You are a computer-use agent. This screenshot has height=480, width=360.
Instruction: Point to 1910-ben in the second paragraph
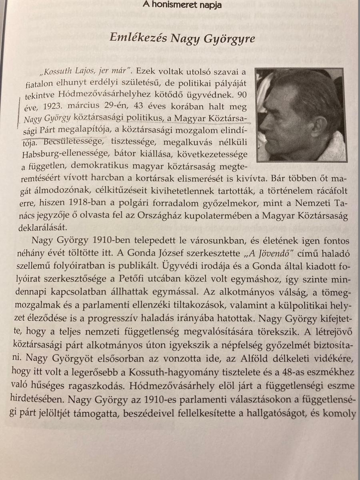112,242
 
